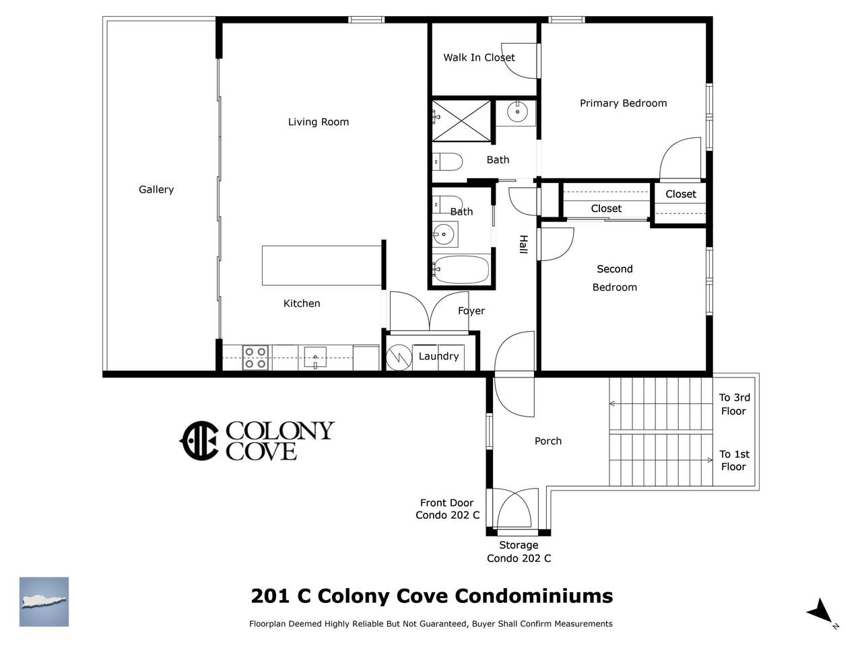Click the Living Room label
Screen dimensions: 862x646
[318, 122]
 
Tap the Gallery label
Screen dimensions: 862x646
[156, 190]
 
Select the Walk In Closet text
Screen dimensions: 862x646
[479, 58]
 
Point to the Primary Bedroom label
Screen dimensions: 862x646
[623, 103]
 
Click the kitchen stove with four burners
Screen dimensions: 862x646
[255, 357]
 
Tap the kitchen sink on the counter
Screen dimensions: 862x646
[315, 357]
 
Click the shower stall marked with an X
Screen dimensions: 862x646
[461, 121]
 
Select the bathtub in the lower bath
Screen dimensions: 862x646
[461, 270]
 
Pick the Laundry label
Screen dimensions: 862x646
[438, 356]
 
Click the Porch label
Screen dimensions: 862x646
[548, 441]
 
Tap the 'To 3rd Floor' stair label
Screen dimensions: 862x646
[734, 404]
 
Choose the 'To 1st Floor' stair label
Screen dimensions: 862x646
[734, 460]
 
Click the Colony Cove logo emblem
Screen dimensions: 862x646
[199, 441]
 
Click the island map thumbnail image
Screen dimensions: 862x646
[44, 602]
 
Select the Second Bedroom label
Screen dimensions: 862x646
[615, 278]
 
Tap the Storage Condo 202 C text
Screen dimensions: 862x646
[519, 552]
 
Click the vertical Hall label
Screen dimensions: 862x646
[523, 244]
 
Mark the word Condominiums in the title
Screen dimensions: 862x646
[533, 596]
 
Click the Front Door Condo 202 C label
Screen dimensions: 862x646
[447, 509]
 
